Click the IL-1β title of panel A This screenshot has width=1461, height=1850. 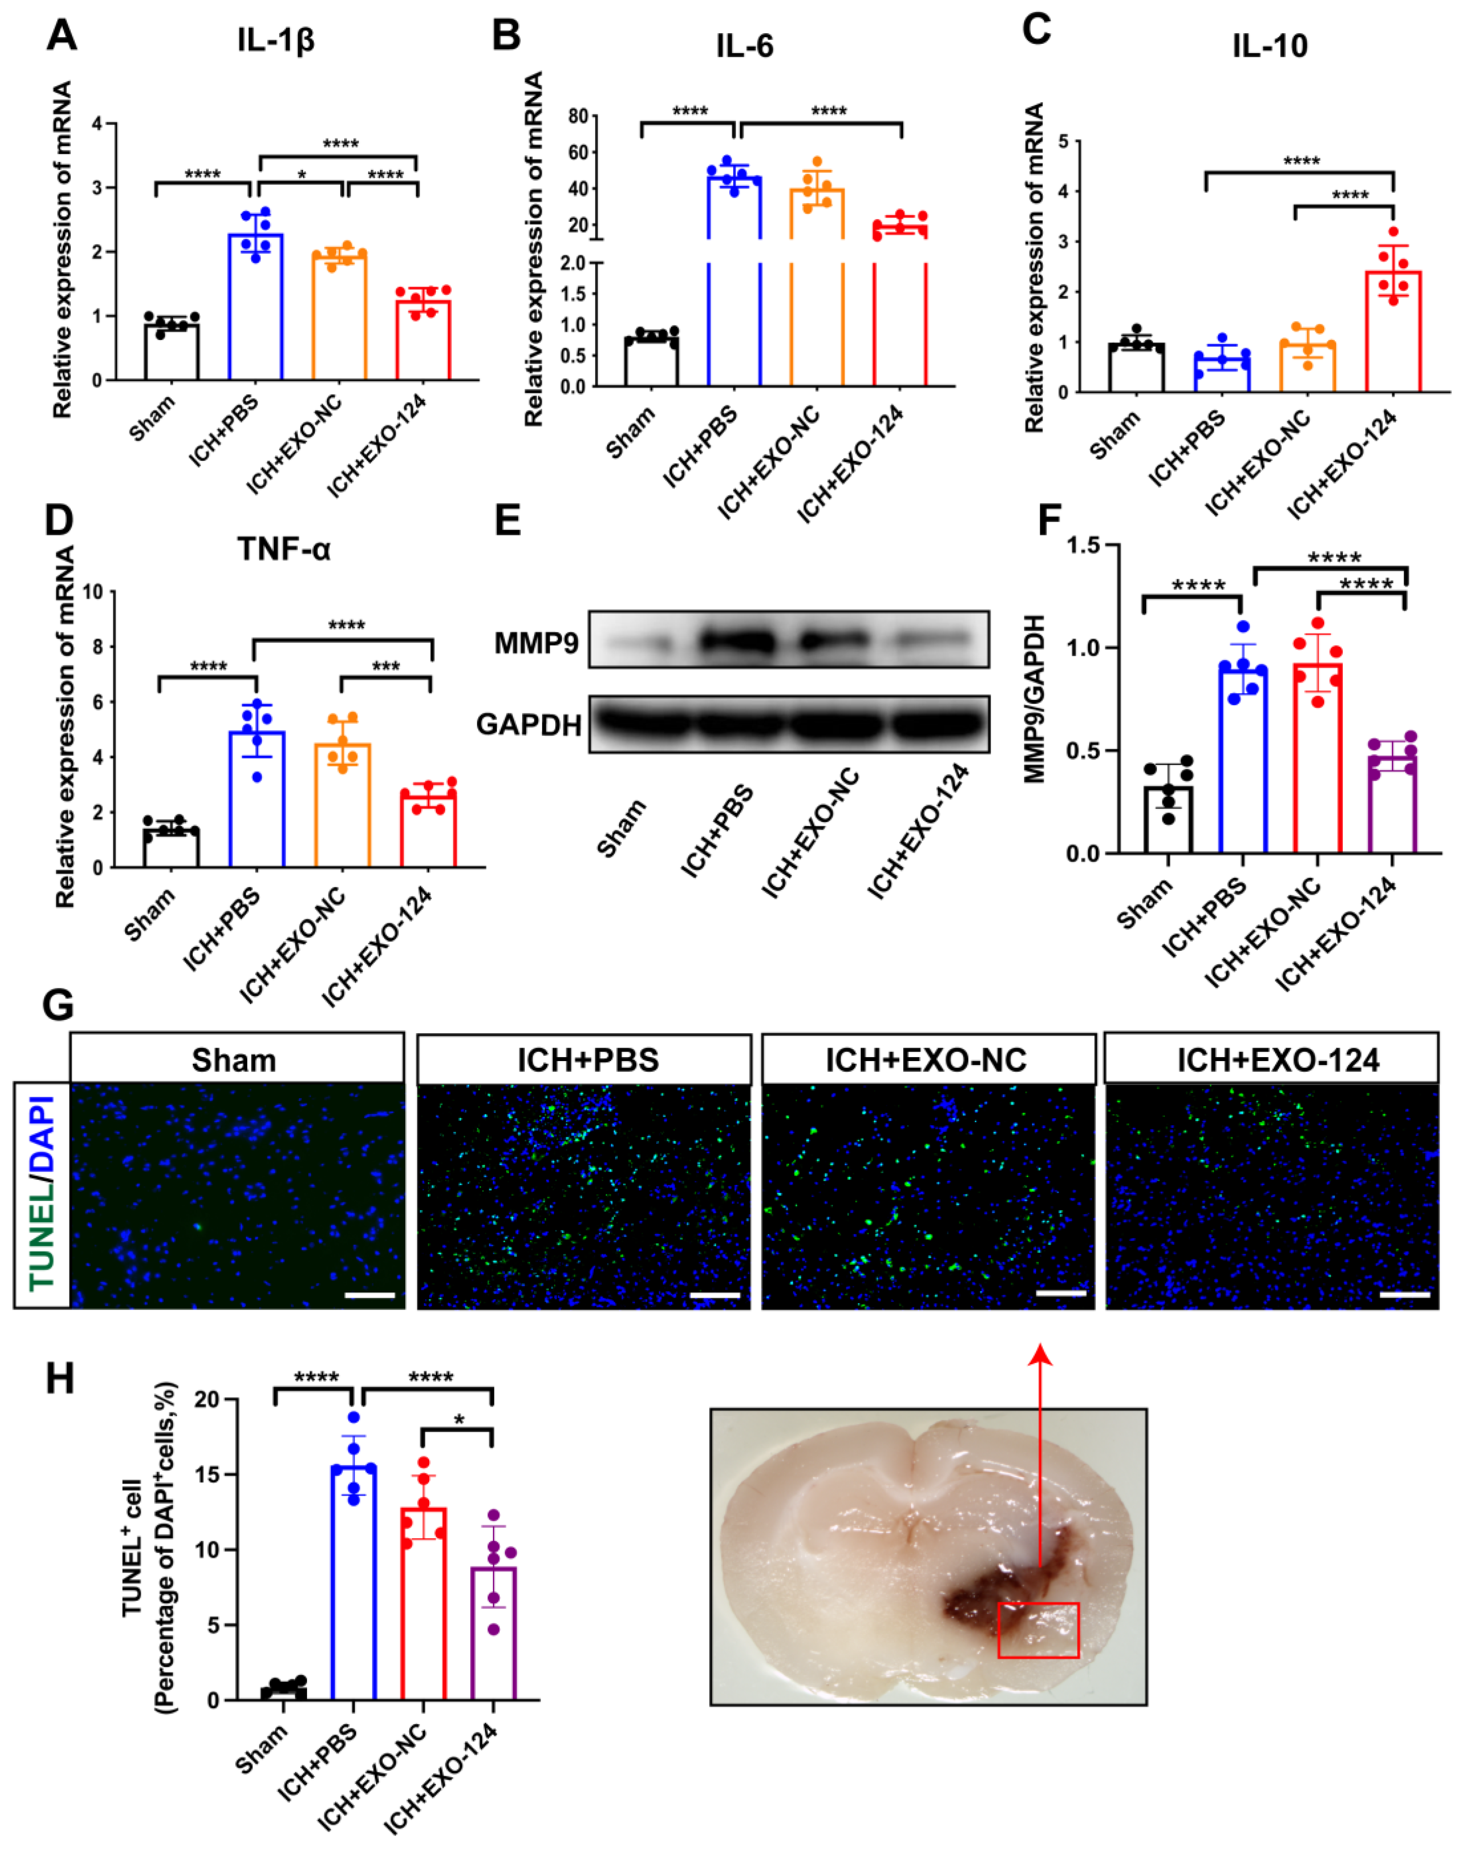point(276,40)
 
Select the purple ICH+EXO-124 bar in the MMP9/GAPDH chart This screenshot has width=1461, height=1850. point(1392,804)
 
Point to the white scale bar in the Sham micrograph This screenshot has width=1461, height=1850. point(369,1295)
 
